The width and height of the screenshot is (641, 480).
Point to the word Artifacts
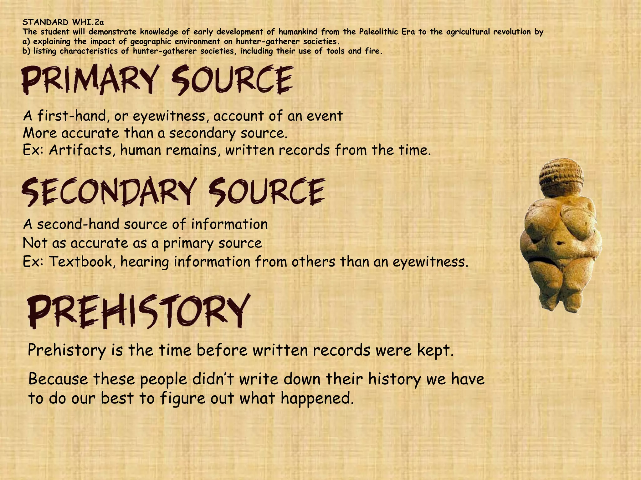coord(82,150)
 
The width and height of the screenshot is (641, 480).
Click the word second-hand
coord(78,224)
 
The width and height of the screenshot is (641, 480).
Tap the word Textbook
coord(82,262)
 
